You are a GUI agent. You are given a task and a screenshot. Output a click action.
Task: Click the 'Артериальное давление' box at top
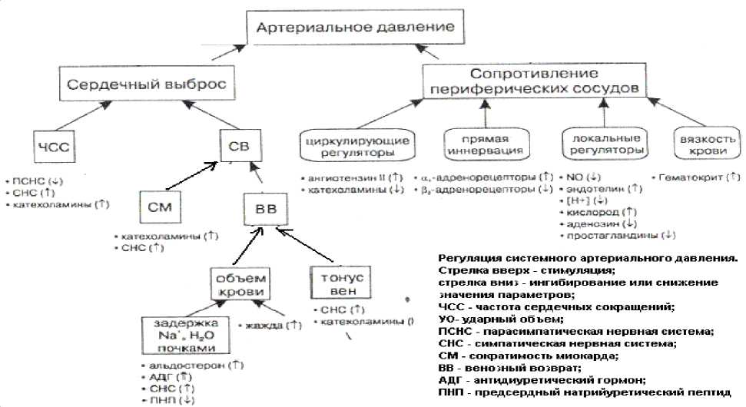click(x=354, y=29)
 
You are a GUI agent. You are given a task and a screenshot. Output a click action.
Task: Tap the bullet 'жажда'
click(x=271, y=326)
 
